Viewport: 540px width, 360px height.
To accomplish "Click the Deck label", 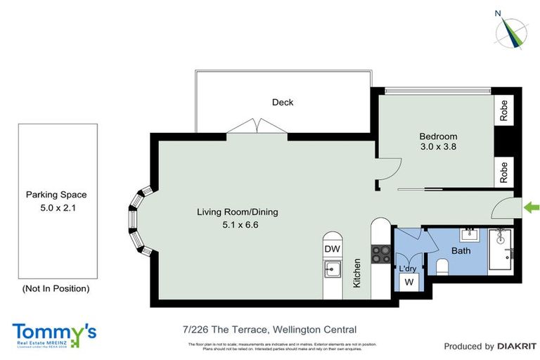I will pos(283,103).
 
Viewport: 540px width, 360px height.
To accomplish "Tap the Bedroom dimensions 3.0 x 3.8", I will pos(438,148).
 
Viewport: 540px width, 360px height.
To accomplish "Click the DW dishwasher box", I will pos(331,248).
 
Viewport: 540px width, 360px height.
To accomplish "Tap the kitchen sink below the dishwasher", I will pos(330,269).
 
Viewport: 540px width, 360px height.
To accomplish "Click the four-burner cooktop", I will pos(380,253).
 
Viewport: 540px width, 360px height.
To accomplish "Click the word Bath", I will pos(461,250).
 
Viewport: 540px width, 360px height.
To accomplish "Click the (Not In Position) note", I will pos(56,288).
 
